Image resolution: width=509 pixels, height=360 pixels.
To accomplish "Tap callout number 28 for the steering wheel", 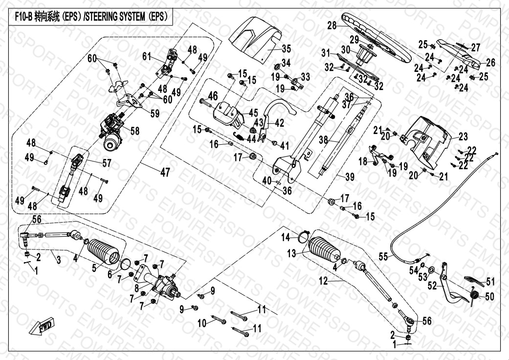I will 332,26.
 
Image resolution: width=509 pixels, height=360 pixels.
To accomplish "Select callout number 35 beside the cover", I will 287,48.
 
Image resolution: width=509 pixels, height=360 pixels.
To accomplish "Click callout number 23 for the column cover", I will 463,137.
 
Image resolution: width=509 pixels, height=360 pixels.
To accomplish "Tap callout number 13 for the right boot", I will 291,253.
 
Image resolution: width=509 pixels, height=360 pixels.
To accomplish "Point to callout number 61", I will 147,56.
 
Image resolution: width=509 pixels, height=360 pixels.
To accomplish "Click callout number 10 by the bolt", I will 201,323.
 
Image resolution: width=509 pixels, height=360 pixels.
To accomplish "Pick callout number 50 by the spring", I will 490,296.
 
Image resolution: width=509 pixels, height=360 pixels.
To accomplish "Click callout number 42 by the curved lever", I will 279,123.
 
